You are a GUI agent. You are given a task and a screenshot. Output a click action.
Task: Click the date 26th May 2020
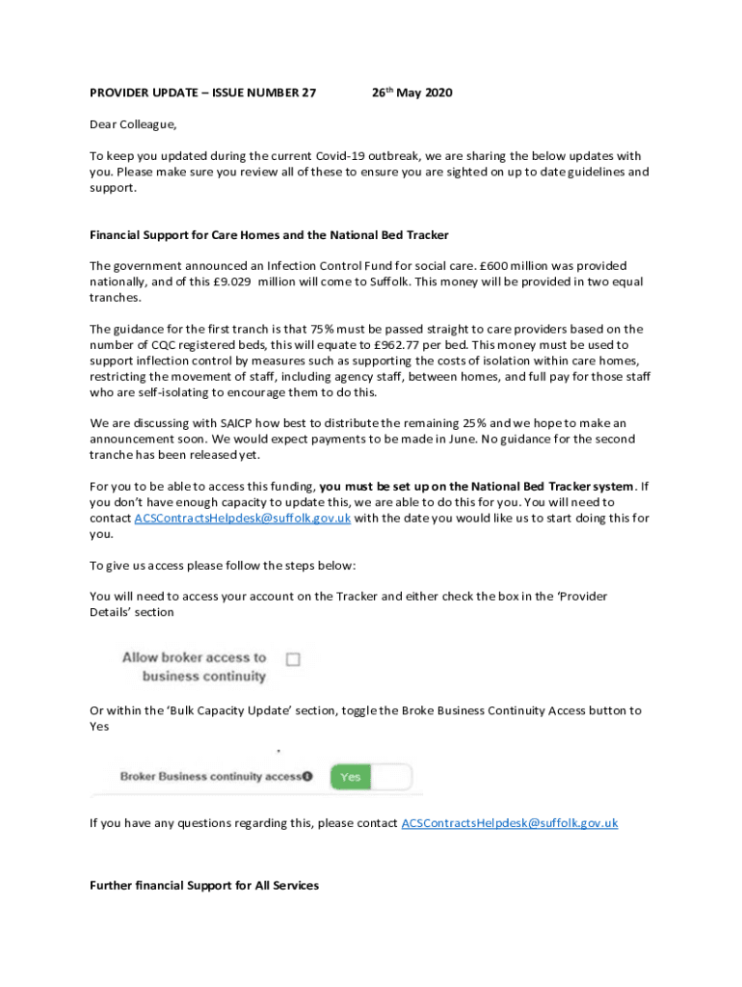(411, 93)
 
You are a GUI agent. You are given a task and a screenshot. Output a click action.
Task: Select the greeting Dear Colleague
(133, 124)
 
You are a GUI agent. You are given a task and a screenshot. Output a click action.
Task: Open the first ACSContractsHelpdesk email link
(242, 519)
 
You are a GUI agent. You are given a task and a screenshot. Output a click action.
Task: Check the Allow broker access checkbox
(293, 659)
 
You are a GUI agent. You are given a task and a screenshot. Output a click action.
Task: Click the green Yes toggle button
(351, 777)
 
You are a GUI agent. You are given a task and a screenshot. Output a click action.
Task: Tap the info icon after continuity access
(307, 776)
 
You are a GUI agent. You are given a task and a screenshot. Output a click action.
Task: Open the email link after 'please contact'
(509, 823)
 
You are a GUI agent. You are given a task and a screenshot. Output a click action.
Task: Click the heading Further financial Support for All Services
(204, 885)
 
